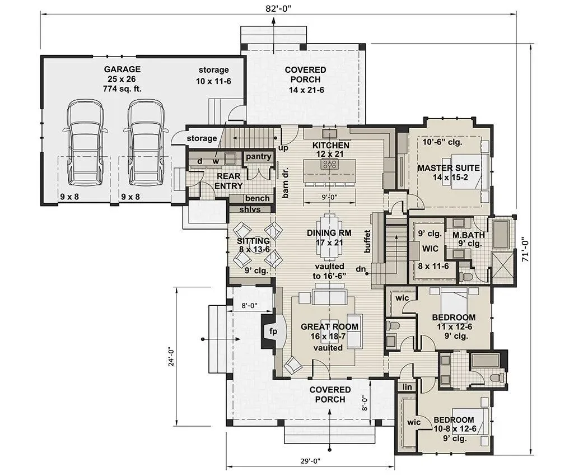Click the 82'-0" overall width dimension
coord(278,9)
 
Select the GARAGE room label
coord(122,69)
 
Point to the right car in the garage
coord(146,142)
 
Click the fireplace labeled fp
coord(273,332)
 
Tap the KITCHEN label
coord(330,146)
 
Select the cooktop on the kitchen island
coord(329,164)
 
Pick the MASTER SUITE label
coord(449,168)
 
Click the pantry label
coord(259,157)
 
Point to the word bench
coord(258,198)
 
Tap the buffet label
coord(367,241)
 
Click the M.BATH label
coord(469,235)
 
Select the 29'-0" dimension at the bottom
coord(310,461)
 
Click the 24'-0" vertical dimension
coord(171,357)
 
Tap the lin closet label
coord(407,386)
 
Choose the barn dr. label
coord(286,183)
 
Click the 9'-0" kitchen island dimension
coord(329,197)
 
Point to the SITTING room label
coord(253,241)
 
